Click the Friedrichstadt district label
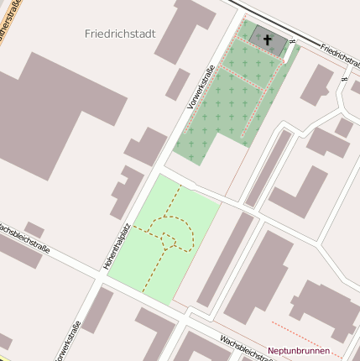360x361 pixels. point(120,34)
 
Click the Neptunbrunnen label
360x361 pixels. point(298,350)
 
